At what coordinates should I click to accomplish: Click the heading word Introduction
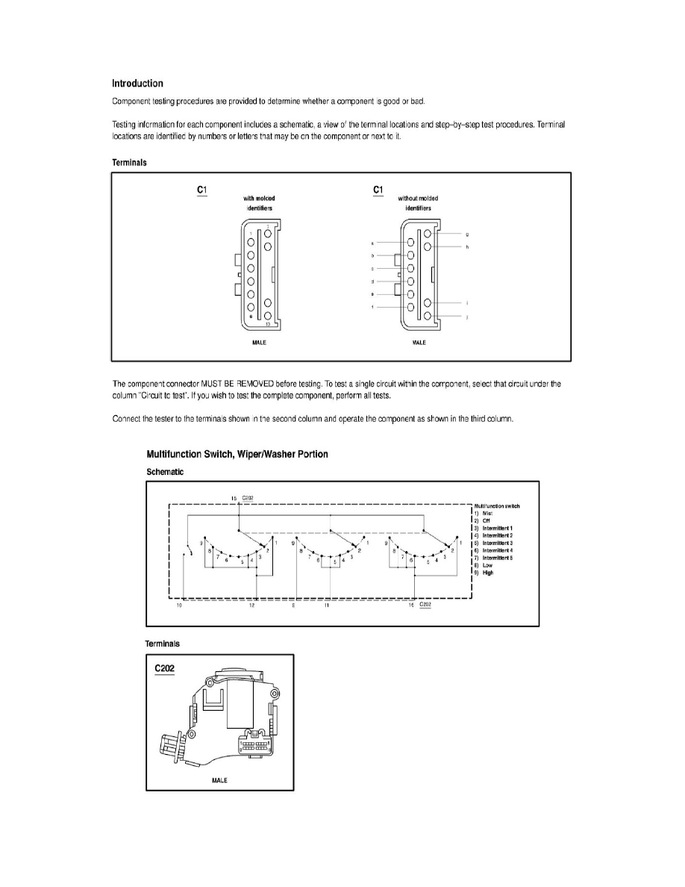pos(137,84)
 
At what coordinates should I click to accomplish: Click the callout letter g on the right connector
pos(466,235)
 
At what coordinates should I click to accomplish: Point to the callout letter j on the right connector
pos(466,318)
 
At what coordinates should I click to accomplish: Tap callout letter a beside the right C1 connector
pos(372,243)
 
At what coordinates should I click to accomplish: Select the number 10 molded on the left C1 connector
pos(267,325)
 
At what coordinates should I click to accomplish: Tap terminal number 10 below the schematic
pos(179,607)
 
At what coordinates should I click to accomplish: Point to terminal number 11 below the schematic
pos(328,607)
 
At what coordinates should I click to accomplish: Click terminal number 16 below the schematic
pos(411,607)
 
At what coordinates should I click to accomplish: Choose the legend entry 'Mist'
pos(489,513)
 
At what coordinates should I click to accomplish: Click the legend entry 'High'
pos(489,573)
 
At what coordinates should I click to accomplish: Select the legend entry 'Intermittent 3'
pos(498,543)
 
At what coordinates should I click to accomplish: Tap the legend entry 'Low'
pos(488,565)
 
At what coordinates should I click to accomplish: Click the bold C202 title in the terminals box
pos(164,668)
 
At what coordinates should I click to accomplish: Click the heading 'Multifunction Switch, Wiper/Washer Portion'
pos(237,454)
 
